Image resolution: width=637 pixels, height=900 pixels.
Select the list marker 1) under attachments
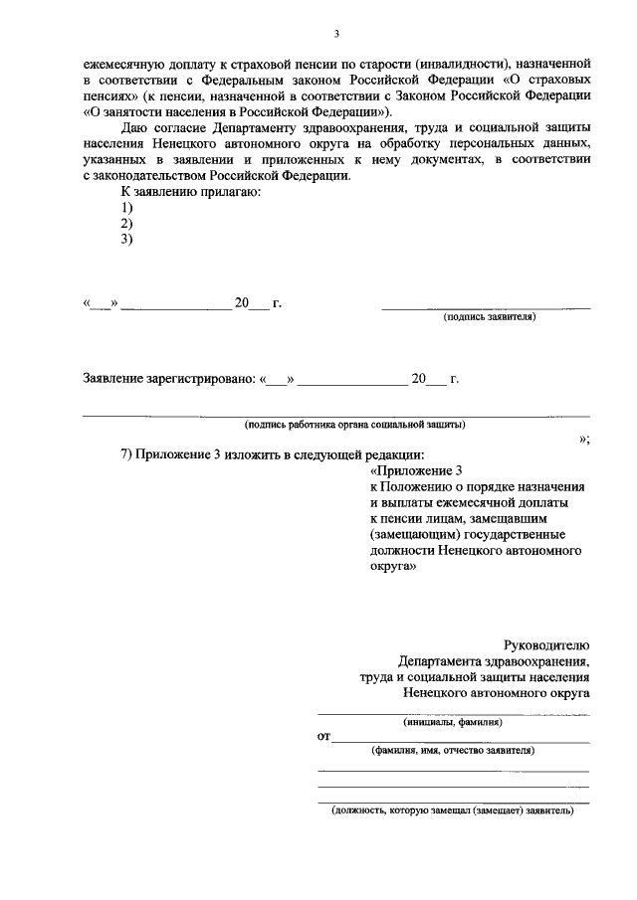click(126, 207)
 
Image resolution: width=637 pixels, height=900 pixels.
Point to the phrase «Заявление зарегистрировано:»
click(168, 379)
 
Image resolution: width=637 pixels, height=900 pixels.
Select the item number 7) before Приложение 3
click(126, 454)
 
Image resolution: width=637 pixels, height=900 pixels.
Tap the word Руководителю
click(548, 644)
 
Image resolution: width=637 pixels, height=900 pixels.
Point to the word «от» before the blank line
click(323, 737)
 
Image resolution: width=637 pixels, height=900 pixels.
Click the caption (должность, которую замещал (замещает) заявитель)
click(452, 810)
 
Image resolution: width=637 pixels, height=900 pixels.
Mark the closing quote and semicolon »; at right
click(584, 439)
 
